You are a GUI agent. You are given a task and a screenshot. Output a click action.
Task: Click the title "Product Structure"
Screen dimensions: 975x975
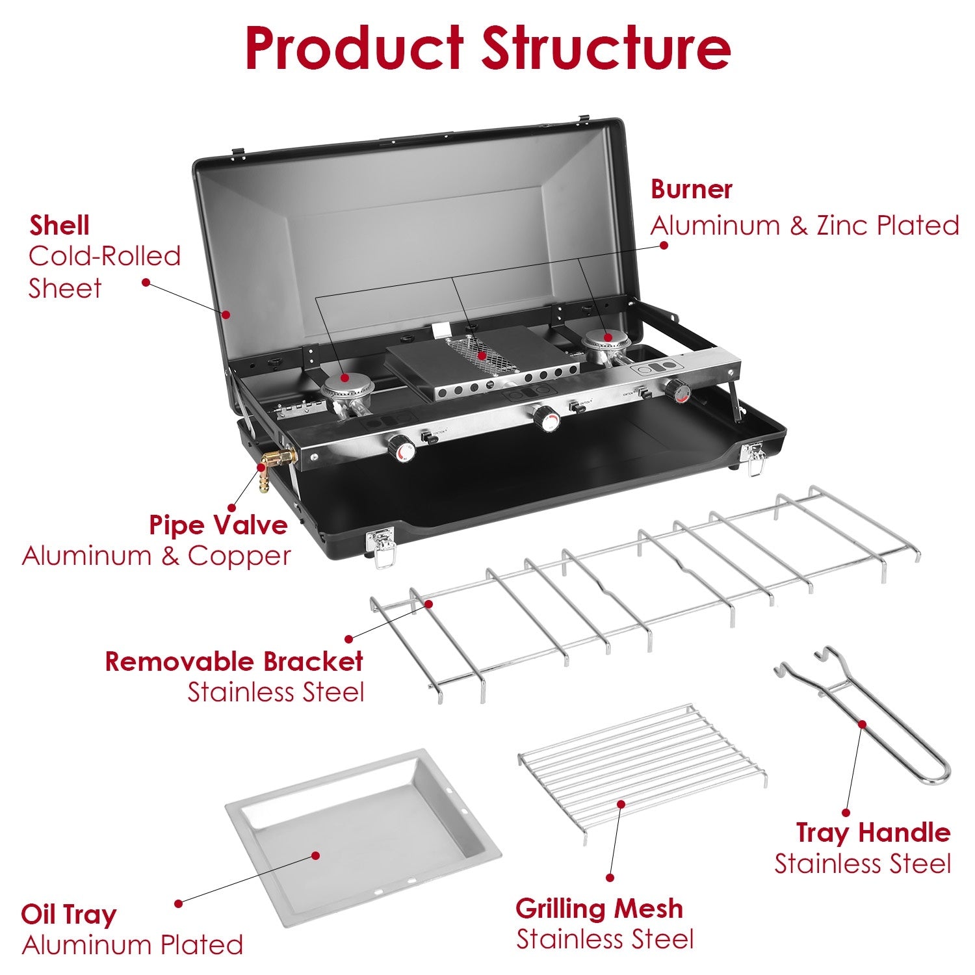click(487, 49)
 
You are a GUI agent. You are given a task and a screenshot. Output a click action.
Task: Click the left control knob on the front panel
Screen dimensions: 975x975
click(401, 448)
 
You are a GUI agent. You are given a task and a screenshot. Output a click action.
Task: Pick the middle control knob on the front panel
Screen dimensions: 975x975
click(547, 419)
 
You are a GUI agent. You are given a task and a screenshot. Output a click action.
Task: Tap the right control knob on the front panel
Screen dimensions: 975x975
click(677, 391)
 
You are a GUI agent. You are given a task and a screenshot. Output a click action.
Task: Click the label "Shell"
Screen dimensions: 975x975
click(59, 226)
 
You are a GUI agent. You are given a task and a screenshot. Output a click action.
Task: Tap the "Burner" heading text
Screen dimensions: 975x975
click(691, 189)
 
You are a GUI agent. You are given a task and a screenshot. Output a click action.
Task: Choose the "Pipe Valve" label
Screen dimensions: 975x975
click(218, 525)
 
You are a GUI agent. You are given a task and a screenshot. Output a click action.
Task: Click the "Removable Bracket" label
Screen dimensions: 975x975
click(234, 661)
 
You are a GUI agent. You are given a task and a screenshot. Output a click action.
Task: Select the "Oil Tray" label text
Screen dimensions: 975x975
click(68, 914)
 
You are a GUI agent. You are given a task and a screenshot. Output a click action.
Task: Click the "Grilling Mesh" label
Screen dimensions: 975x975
click(599, 908)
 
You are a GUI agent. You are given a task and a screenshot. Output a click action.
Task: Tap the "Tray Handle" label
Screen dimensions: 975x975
click(872, 833)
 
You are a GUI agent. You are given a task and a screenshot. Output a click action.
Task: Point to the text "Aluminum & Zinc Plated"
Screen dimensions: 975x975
click(804, 226)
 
